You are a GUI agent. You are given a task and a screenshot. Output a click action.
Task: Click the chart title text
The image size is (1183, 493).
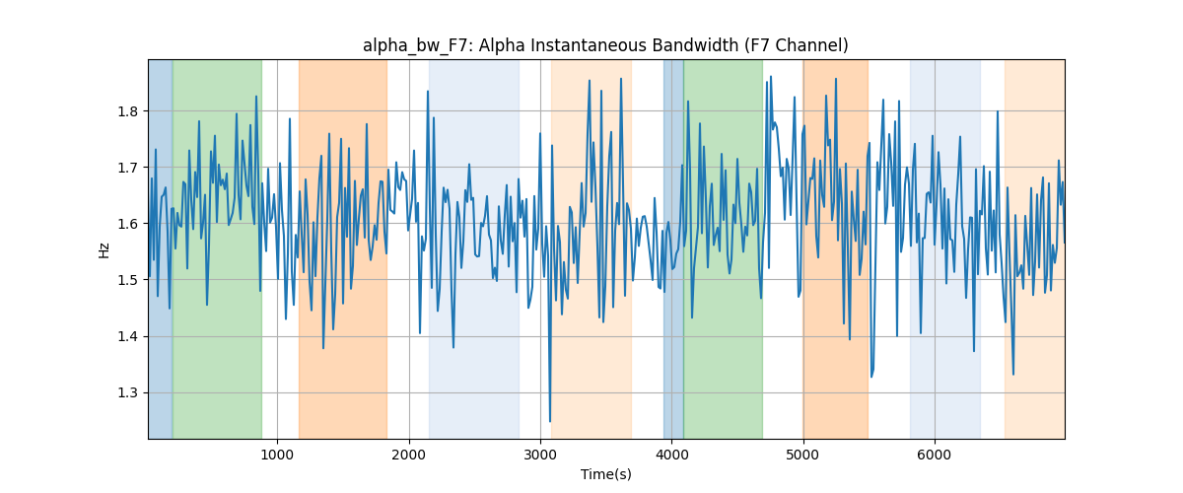click(x=605, y=45)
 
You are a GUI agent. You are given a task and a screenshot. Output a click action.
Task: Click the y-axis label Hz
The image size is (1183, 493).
click(x=104, y=249)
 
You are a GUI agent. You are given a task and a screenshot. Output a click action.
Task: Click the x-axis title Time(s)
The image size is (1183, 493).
click(x=605, y=474)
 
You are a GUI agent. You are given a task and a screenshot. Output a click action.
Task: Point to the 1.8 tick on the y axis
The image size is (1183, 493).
click(x=127, y=111)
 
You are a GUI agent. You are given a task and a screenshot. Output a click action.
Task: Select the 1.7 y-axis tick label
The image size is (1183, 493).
click(x=127, y=168)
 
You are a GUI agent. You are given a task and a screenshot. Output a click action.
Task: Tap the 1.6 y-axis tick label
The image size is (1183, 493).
click(x=127, y=224)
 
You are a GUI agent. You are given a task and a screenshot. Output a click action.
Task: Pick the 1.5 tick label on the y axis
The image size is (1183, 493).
click(x=127, y=281)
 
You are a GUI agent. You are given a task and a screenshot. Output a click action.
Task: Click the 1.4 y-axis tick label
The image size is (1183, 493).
click(x=127, y=336)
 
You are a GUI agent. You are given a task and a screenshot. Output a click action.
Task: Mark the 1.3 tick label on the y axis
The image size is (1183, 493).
click(x=127, y=393)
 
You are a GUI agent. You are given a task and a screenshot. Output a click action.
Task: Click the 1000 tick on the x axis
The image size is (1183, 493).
click(x=277, y=455)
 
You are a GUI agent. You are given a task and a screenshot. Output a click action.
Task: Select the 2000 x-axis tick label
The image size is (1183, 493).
click(x=409, y=455)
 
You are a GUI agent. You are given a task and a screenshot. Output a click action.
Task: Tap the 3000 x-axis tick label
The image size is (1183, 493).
click(x=540, y=455)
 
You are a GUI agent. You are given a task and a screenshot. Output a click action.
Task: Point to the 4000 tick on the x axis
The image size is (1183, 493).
click(x=671, y=455)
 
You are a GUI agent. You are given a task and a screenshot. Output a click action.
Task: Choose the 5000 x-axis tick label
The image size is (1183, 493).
click(x=803, y=455)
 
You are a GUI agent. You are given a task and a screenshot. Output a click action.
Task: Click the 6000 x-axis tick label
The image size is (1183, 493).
click(x=935, y=455)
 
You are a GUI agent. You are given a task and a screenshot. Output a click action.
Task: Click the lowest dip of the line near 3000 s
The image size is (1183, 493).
click(x=550, y=422)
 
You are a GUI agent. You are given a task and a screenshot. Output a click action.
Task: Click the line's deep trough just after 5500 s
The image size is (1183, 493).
click(x=871, y=377)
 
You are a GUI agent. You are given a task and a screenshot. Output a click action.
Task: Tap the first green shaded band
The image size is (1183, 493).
click(x=217, y=249)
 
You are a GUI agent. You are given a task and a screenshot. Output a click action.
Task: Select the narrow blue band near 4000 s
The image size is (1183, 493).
click(x=673, y=249)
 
